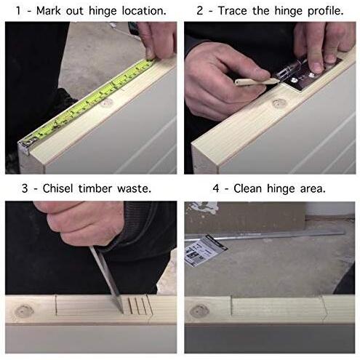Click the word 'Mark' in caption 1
click(49, 11)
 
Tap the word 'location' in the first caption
click(144, 11)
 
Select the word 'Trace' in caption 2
click(232, 11)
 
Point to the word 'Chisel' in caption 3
click(57, 188)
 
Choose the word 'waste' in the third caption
click(134, 189)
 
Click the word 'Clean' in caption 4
click(247, 188)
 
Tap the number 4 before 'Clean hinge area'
click(216, 188)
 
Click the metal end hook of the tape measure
click(28, 145)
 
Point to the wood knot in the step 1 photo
click(106, 103)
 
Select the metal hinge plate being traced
click(308, 74)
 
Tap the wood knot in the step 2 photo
click(279, 103)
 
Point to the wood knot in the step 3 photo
click(23, 311)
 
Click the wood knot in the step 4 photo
click(199, 311)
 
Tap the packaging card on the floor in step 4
click(206, 249)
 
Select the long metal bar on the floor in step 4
click(264, 236)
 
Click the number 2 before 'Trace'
click(199, 11)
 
